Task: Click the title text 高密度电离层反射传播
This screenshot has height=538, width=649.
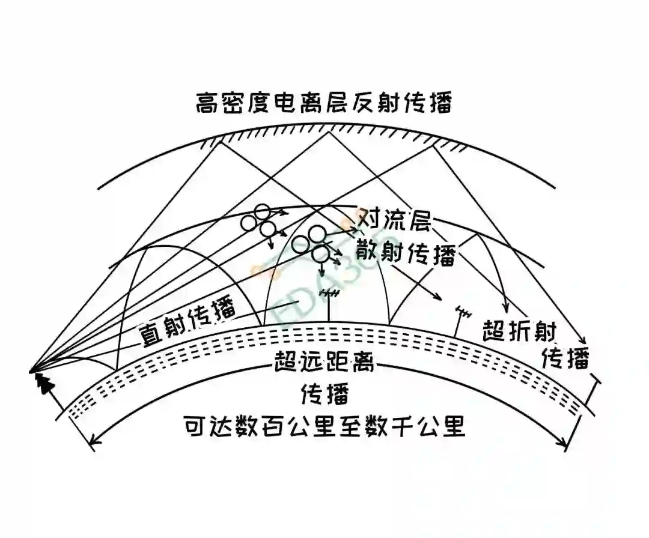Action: click(323, 103)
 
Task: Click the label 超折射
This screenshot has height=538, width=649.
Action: click(520, 330)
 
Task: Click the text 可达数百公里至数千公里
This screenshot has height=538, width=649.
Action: click(324, 428)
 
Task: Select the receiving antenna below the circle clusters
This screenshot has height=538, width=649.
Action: click(329, 294)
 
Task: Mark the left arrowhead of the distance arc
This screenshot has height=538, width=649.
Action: click(93, 444)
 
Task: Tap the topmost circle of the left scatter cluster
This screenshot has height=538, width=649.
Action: click(262, 211)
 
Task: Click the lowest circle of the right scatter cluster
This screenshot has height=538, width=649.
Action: click(321, 253)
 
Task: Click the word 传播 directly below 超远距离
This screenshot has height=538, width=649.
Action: click(324, 394)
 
